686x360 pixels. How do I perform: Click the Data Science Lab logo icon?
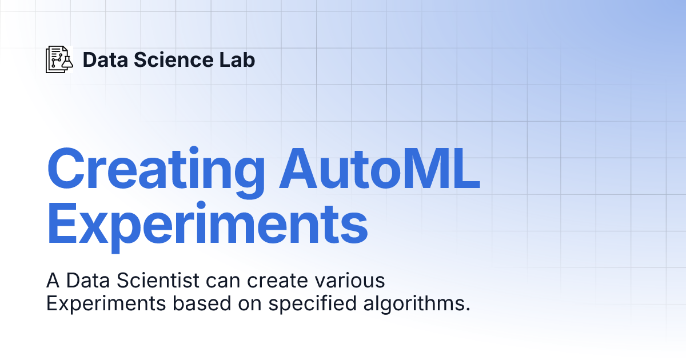[x=59, y=59]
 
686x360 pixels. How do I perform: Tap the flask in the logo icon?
[x=67, y=62]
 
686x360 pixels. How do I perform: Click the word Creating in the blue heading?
[x=155, y=170]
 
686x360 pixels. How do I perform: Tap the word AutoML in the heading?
[x=379, y=170]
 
